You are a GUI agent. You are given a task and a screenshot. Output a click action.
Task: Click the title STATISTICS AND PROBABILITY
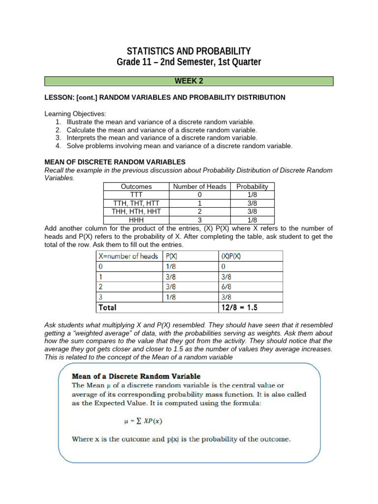click(189, 51)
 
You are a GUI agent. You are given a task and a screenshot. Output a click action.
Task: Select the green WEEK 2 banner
click(189, 81)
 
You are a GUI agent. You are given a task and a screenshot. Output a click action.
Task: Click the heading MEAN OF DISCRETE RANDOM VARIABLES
click(115, 161)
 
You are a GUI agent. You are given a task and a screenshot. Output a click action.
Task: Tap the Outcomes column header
click(136, 187)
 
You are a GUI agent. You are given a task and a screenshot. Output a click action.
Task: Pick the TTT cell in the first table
click(136, 195)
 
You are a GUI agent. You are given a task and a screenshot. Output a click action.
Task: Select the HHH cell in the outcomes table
click(136, 220)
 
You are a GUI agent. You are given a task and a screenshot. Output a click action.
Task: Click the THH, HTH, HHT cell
click(136, 212)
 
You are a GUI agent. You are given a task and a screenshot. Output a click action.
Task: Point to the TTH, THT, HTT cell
click(136, 203)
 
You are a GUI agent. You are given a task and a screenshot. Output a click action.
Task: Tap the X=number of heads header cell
click(128, 256)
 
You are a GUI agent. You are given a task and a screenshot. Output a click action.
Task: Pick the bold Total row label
click(108, 307)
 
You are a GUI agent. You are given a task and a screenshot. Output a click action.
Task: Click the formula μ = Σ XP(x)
click(143, 421)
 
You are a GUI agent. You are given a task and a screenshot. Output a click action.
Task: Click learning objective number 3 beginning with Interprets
click(162, 138)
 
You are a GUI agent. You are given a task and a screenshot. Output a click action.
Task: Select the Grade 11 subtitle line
click(189, 63)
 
